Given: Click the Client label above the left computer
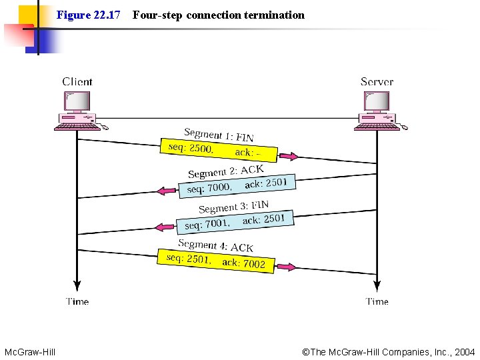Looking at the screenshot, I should click(x=77, y=82).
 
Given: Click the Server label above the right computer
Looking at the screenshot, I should click(x=377, y=82).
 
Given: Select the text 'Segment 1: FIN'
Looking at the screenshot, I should click(x=219, y=134).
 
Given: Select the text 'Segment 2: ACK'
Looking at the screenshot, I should click(x=226, y=171).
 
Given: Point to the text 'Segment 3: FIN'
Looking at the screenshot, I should click(x=233, y=207).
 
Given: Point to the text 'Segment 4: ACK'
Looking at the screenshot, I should click(x=215, y=245).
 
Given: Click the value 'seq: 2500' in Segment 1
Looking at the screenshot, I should click(x=190, y=148).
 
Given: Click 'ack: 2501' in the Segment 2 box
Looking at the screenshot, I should click(x=265, y=183).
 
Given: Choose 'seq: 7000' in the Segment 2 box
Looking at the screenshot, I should click(x=209, y=188).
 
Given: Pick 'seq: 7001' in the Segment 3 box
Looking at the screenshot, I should click(x=207, y=225).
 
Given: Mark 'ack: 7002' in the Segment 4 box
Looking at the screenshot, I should click(x=243, y=263).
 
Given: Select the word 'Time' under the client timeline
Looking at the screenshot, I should click(x=77, y=301).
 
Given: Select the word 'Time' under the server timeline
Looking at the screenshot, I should click(x=377, y=301).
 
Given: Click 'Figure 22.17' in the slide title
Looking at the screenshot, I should click(x=88, y=15).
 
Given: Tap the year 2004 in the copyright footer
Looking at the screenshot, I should click(x=465, y=351).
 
